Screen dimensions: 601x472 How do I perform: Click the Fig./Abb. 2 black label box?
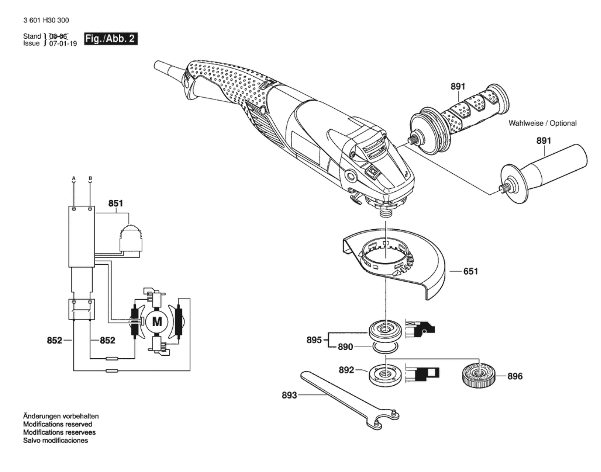(111, 39)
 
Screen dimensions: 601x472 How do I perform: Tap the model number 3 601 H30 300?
(46, 20)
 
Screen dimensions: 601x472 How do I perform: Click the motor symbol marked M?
(157, 322)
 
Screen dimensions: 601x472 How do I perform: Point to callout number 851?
(115, 203)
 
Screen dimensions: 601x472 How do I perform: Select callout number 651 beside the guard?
(470, 271)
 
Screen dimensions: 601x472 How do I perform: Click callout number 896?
(515, 376)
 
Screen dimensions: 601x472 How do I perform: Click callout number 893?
(289, 395)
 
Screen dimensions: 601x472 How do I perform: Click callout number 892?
(346, 370)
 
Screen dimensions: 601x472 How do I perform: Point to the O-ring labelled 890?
(385, 348)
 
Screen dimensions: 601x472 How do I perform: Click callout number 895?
(314, 340)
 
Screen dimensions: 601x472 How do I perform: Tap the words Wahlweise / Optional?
(543, 123)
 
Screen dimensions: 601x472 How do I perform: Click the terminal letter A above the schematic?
(74, 179)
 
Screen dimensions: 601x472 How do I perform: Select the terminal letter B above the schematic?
(90, 179)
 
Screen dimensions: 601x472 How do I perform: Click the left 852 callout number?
(54, 341)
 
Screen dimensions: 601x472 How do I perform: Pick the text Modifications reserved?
(58, 425)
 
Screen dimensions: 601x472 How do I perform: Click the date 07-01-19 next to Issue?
(63, 44)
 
